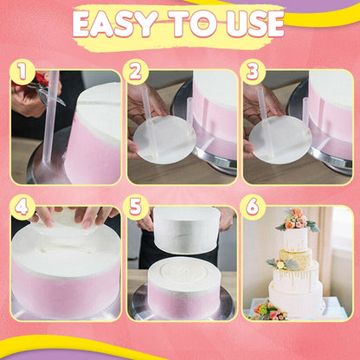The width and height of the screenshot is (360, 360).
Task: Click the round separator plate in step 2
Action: [165, 139]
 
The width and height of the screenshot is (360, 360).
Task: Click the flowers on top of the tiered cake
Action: [297, 217]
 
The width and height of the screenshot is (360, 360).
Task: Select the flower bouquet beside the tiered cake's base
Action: [267, 310]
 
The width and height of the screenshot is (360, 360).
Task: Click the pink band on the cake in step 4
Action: [65, 290]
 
